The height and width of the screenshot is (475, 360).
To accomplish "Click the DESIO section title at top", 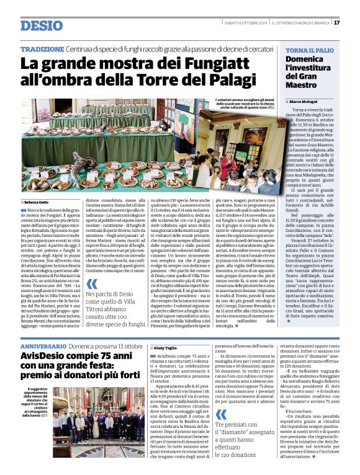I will pyautogui.click(x=41, y=25).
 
